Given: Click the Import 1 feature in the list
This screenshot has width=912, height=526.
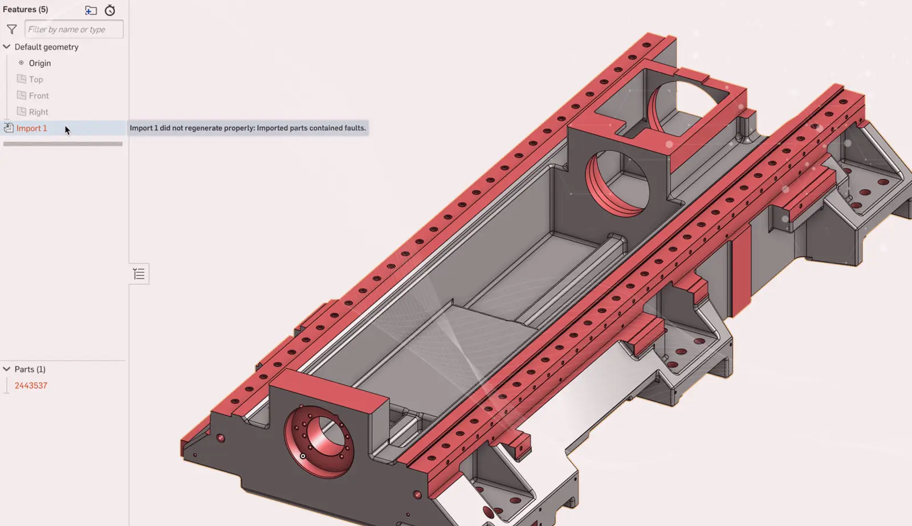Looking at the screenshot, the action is coord(32,128).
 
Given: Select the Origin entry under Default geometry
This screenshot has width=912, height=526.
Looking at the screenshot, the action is coord(40,63).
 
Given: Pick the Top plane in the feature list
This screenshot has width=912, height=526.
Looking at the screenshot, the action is coord(36,79).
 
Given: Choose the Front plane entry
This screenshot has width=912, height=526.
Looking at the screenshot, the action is coord(39,96).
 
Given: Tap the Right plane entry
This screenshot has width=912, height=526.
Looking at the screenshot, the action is coord(38,112).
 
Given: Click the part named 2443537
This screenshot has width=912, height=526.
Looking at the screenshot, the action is coord(31,386).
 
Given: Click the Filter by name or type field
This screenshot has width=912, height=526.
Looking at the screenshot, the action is coord(74,29).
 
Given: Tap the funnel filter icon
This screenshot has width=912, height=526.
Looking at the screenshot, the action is coord(12,29).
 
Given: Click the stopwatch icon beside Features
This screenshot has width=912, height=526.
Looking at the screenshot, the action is coord(110,10).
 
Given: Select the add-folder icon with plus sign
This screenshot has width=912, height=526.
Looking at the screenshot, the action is coord(91,10).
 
